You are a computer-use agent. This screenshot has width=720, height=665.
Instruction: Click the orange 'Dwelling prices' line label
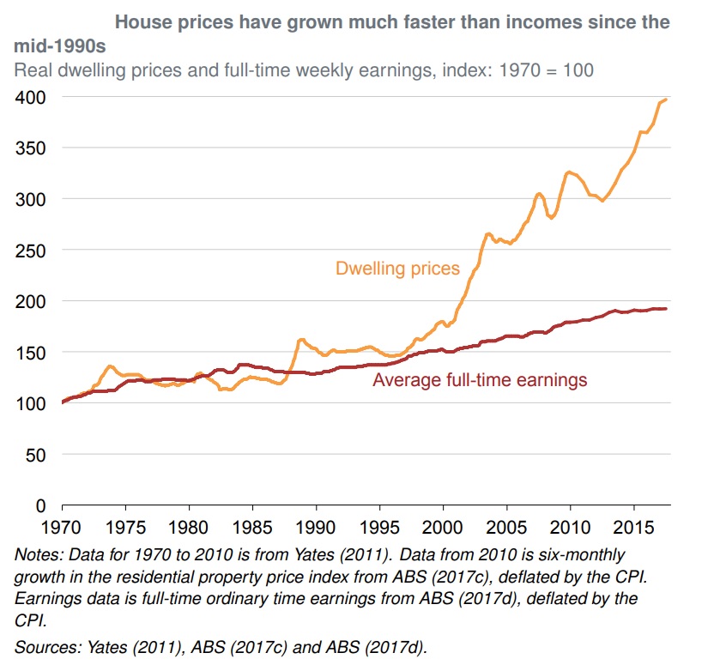point(397,269)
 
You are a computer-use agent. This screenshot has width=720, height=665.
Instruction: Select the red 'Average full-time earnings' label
point(480,379)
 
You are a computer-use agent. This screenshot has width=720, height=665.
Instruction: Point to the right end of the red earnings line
point(667,308)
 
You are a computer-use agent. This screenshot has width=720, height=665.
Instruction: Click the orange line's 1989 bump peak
point(301,340)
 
